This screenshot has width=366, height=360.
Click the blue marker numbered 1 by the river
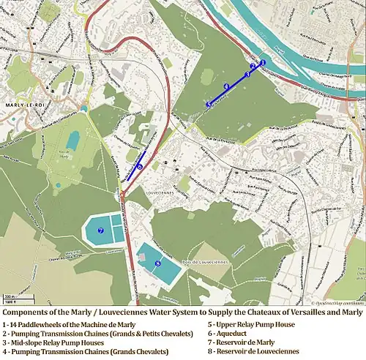[262, 63]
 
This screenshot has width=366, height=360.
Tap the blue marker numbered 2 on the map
[253, 67]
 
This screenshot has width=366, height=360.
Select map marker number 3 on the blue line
[247, 75]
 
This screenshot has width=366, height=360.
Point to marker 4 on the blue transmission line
[226, 87]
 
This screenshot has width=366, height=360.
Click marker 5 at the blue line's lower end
[209, 105]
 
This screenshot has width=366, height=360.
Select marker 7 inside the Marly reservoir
[100, 230]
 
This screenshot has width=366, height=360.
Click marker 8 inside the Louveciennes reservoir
[157, 263]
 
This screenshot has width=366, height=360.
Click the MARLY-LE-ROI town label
[22, 105]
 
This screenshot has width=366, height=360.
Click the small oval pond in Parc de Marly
[73, 140]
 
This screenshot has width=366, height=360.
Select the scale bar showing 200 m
[10, 298]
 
